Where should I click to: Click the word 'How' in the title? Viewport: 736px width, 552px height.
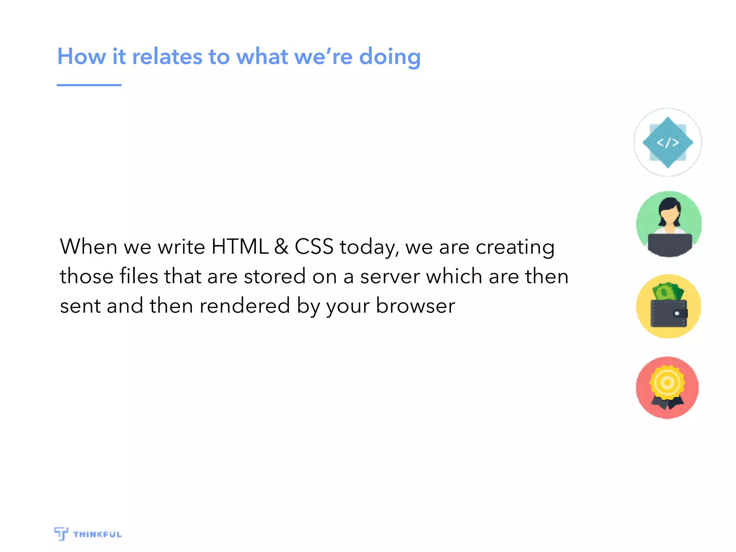click(82, 57)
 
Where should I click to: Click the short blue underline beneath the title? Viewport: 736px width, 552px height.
click(89, 85)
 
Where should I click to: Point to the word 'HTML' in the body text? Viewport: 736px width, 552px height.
click(240, 247)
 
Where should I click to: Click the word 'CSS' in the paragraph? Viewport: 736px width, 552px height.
click(314, 247)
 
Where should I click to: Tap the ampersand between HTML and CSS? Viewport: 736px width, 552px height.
click(281, 247)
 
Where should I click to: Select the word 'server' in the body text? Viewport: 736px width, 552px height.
click(390, 276)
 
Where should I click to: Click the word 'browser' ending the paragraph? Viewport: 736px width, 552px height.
click(415, 306)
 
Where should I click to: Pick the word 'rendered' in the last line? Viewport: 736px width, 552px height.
click(244, 306)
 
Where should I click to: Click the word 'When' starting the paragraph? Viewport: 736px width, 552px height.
click(88, 247)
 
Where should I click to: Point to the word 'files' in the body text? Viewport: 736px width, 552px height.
click(139, 276)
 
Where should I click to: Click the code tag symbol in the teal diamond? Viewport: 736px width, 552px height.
click(668, 143)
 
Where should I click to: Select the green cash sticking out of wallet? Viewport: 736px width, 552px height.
click(667, 292)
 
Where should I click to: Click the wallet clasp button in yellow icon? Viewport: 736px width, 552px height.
click(677, 313)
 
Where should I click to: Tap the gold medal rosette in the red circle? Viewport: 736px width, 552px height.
click(667, 382)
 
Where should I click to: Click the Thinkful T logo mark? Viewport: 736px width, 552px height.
click(61, 534)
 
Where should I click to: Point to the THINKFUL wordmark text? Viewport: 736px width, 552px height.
click(97, 534)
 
